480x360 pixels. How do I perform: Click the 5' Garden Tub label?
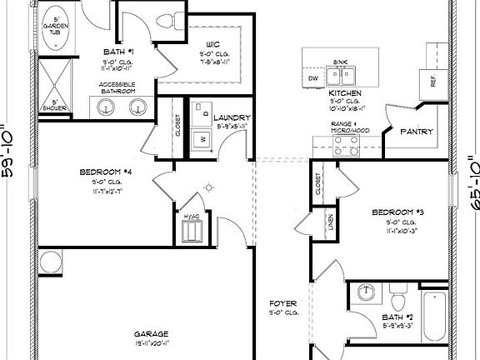[x=56, y=27]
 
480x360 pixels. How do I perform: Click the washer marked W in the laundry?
[x=202, y=137]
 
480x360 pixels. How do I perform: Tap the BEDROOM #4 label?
[x=101, y=172]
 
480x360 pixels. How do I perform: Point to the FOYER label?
[x=279, y=303]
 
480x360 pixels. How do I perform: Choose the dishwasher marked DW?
[x=313, y=78]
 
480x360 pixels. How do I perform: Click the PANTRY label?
[x=415, y=131]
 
